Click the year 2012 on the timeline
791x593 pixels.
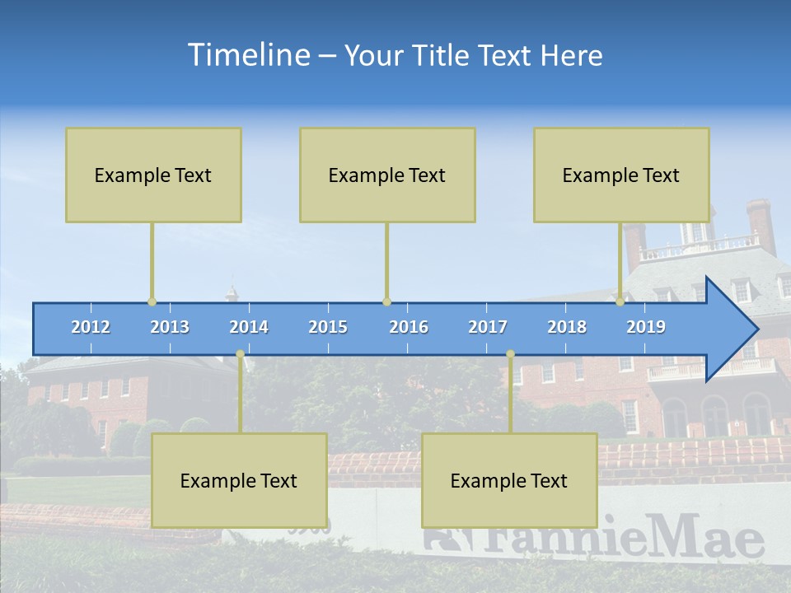91,327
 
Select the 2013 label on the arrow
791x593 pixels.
170,327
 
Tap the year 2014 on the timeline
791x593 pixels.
249,327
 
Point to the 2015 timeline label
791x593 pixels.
328,327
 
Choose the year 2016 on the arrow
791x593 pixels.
409,327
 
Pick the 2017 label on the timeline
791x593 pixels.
488,327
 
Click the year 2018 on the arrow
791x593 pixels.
567,327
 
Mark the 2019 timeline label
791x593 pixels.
646,327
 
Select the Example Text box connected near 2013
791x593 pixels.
153,175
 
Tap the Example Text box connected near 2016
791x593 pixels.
387,175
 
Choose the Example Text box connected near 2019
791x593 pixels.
621,175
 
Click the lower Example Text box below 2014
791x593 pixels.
239,480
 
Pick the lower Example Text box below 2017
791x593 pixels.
509,480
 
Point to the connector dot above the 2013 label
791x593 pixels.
152,302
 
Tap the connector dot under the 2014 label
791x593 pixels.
240,354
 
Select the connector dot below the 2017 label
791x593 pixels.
510,354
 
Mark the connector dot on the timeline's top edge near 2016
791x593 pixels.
386,302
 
